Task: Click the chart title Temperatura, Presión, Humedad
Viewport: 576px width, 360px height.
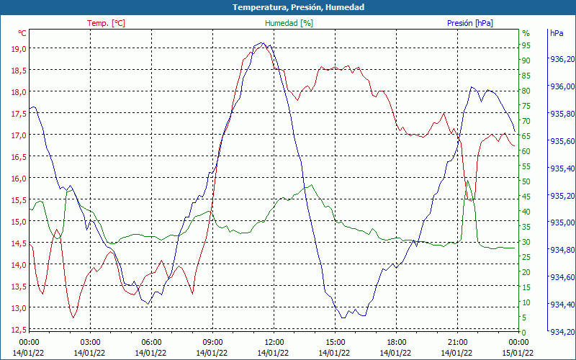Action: coord(288,7)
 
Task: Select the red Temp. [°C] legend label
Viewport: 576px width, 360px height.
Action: coord(106,23)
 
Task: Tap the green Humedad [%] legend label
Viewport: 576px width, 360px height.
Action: coord(289,23)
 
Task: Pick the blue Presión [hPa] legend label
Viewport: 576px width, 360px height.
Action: coord(469,23)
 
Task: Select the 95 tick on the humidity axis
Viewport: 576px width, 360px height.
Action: coord(526,45)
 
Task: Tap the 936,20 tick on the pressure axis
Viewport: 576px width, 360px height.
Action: coord(562,60)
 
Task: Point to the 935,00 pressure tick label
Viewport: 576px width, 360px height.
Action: coord(562,222)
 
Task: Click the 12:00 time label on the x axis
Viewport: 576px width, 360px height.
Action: coord(274,342)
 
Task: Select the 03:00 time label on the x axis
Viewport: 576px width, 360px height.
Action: coord(90,342)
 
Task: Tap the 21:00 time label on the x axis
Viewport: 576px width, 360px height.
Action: coord(457,342)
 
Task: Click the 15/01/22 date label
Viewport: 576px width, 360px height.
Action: coord(518,352)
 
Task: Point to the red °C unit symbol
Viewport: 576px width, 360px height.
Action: coord(22,33)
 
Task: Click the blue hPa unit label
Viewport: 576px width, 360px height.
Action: coord(557,33)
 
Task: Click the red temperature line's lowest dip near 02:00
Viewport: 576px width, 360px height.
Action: coord(73,317)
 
